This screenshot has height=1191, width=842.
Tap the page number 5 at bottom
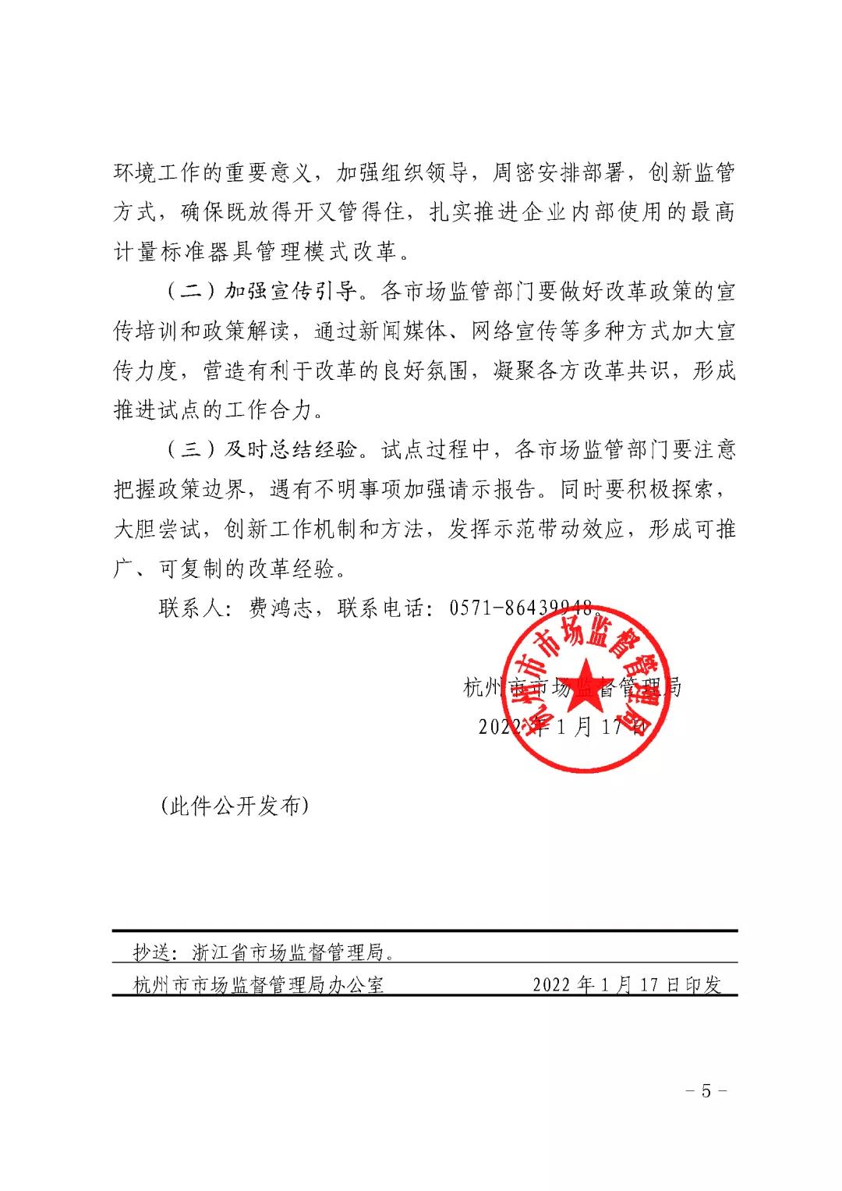point(706,1090)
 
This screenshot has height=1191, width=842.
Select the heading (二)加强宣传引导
point(263,292)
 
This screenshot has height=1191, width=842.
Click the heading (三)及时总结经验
point(263,449)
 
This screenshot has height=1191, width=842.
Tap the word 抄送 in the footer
point(152,952)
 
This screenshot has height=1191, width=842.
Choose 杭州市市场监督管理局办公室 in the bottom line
point(259,984)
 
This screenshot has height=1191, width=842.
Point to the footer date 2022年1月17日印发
point(627,984)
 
